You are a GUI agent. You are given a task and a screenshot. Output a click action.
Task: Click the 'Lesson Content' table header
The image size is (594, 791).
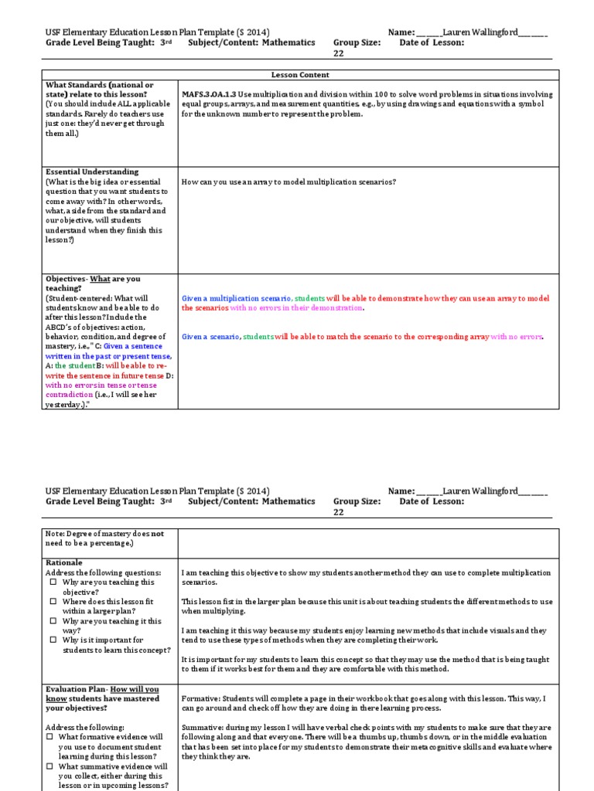[x=300, y=75]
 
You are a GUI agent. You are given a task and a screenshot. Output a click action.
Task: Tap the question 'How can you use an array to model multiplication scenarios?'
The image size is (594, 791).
[x=288, y=182]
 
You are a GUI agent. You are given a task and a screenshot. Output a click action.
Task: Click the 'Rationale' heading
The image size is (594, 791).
[x=63, y=562]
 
